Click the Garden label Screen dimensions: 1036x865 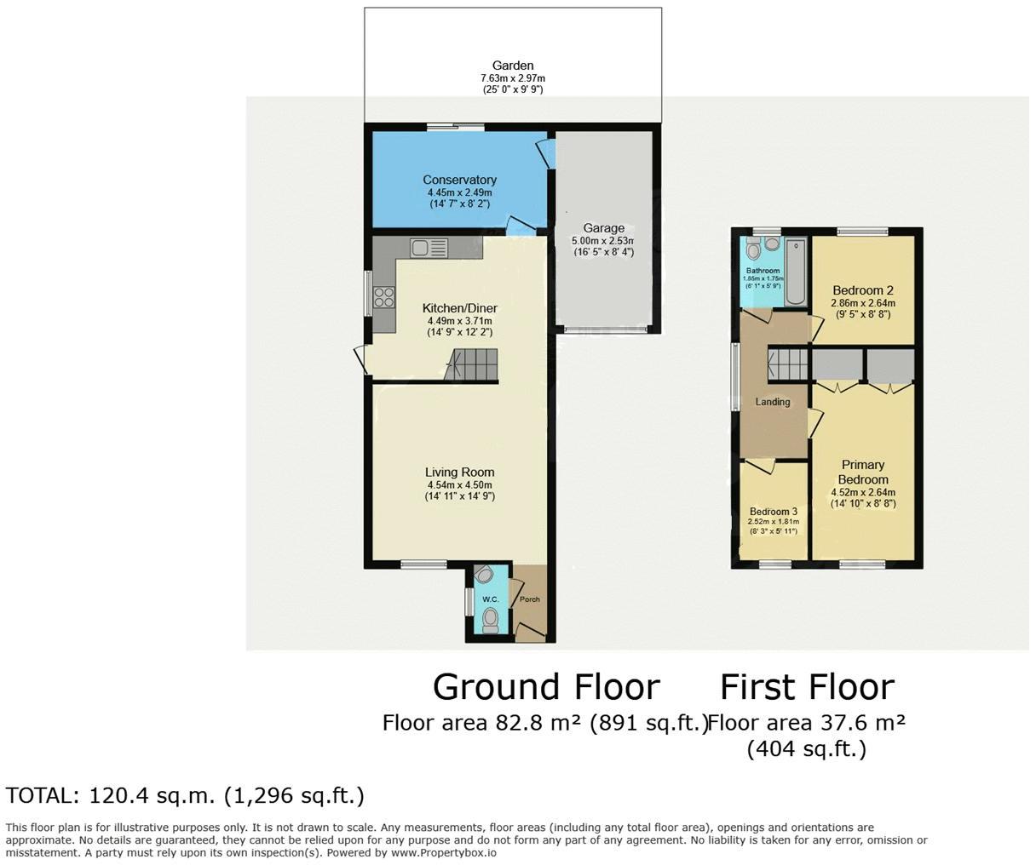tap(513, 66)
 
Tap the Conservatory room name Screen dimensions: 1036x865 tap(459, 180)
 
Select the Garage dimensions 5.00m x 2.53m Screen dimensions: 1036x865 tap(603, 241)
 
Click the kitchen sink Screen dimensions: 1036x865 tap(429, 248)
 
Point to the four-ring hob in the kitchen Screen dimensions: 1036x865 tap(384, 298)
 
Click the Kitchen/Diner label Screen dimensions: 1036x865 tap(459, 308)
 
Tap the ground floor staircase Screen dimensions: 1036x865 tap(471, 364)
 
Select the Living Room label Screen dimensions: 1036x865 tap(459, 473)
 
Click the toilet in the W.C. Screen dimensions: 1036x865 tap(490, 620)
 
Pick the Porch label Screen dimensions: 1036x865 tap(529, 599)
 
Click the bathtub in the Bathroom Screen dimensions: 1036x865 tap(796, 272)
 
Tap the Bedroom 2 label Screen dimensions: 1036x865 tap(863, 290)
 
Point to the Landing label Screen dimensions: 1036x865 tap(772, 402)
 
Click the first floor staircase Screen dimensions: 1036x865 tap(788, 364)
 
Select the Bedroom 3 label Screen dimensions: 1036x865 tap(773, 512)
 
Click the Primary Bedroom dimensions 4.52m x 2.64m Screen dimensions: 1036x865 tap(863, 492)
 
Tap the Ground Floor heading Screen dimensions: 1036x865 tap(546, 687)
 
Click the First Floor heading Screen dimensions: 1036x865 tap(808, 687)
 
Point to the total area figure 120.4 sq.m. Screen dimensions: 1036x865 tap(152, 796)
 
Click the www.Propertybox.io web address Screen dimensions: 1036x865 tap(444, 853)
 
